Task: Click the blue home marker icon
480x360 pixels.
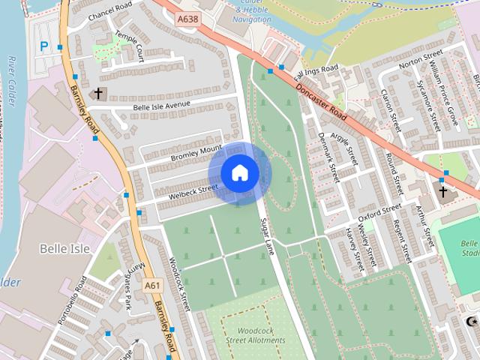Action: coord(239,173)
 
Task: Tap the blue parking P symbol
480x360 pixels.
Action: coord(44,46)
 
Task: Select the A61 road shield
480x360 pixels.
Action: coord(152,285)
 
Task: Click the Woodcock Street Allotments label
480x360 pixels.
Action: coord(256,335)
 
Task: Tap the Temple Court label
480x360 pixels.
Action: coord(129,46)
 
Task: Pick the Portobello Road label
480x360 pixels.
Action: coord(72,300)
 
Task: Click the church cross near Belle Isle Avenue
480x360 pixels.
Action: coord(97,94)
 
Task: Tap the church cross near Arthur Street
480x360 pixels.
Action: coord(442,192)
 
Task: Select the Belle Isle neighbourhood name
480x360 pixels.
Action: coord(64,248)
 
